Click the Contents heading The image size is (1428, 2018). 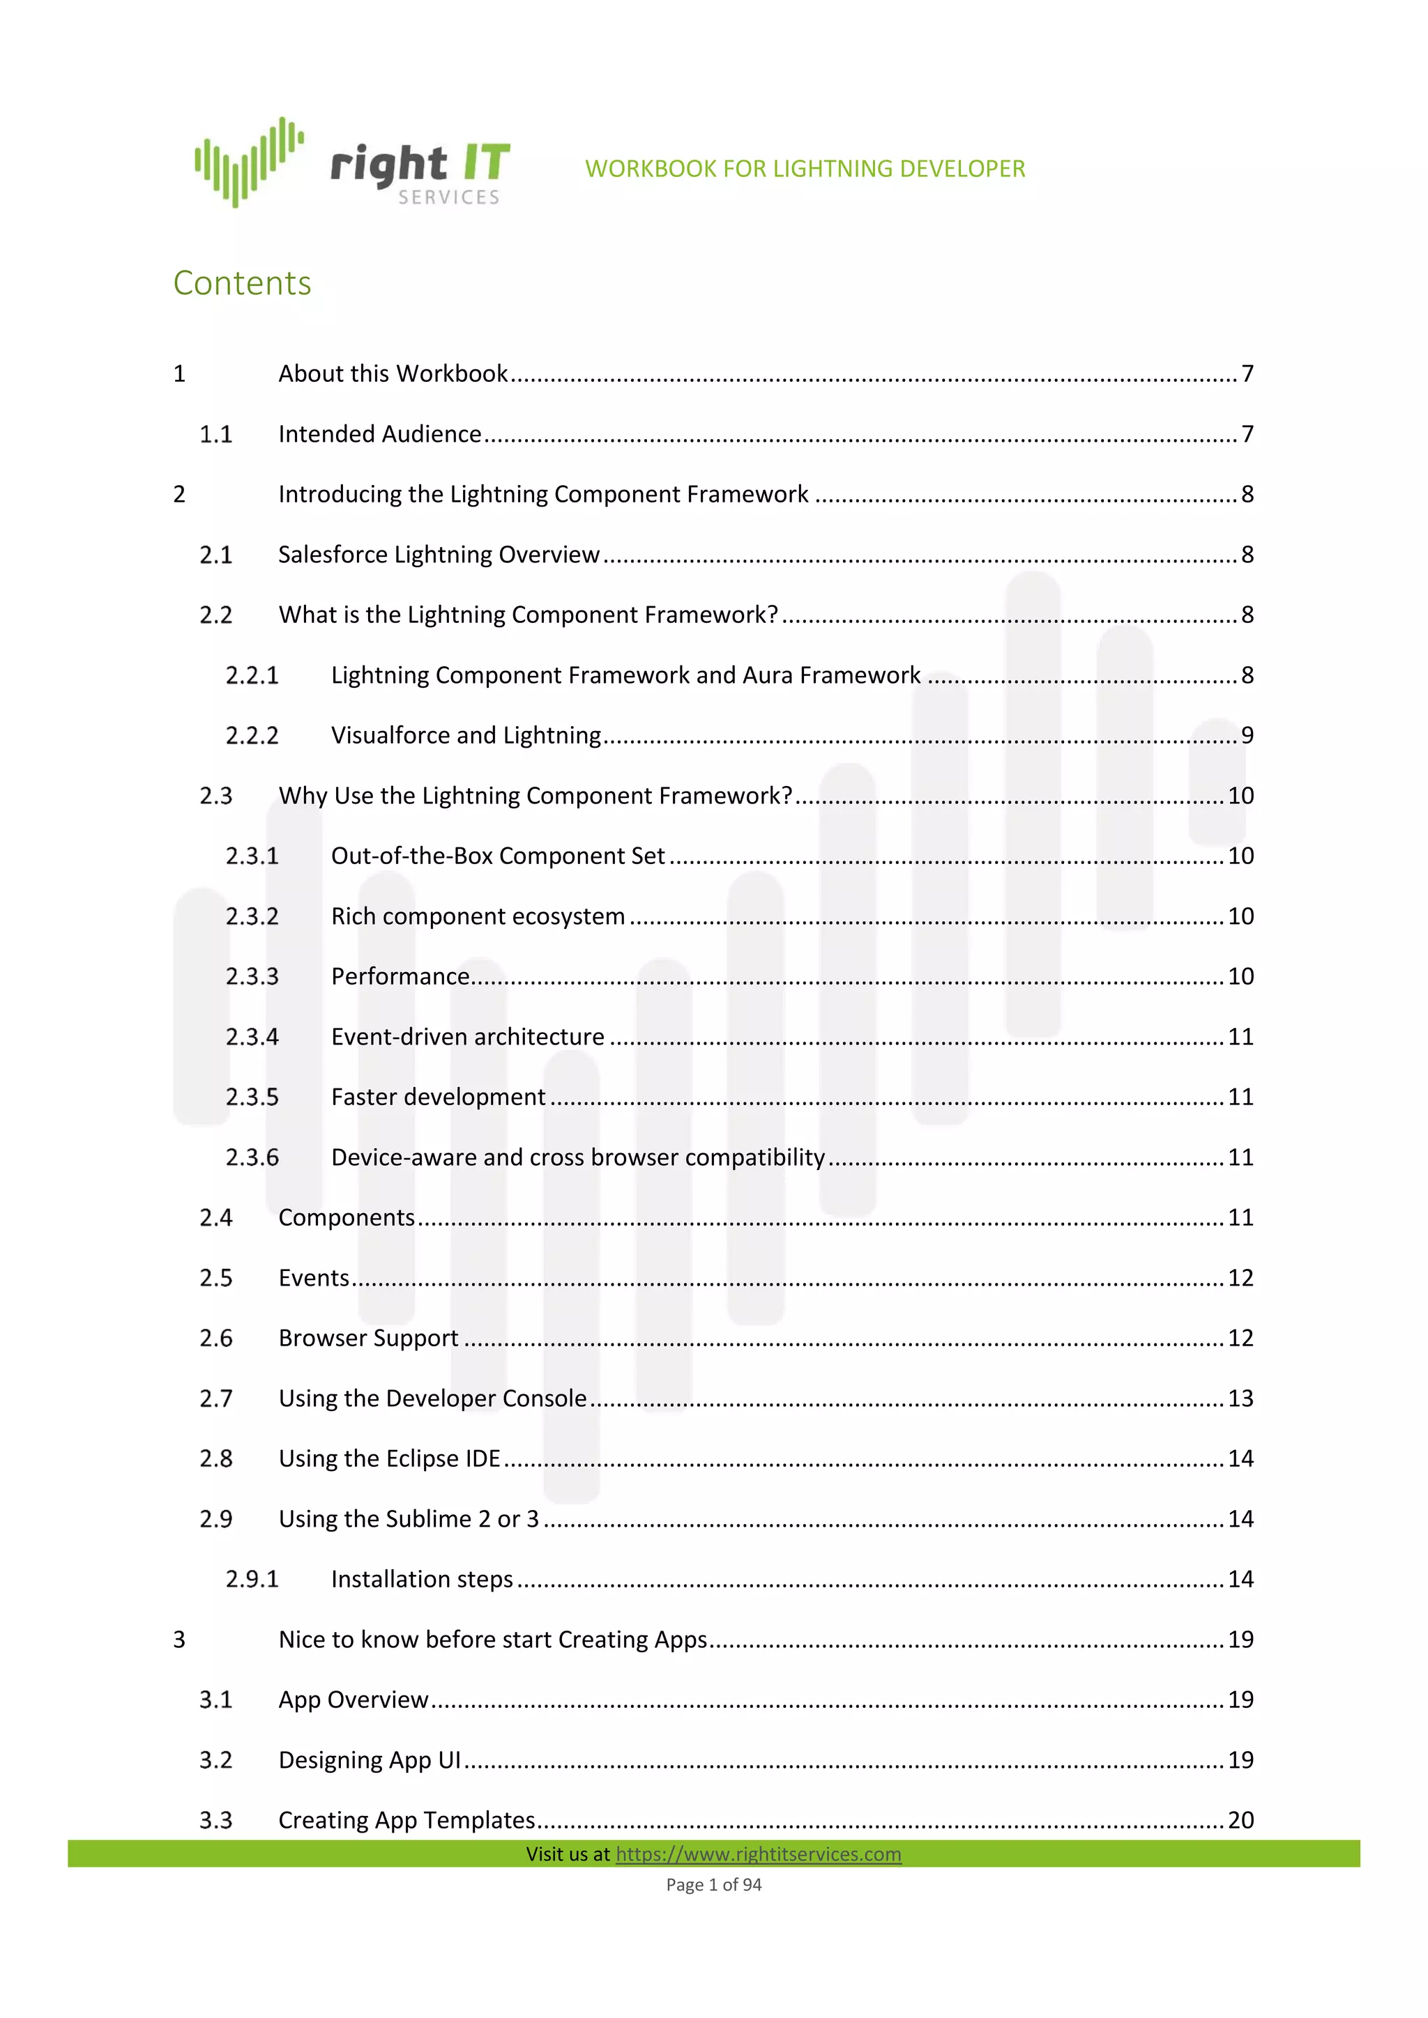click(x=242, y=283)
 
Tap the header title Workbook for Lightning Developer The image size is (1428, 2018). click(x=805, y=169)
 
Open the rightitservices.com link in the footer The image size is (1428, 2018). click(x=758, y=1854)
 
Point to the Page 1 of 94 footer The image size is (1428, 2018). click(x=713, y=1884)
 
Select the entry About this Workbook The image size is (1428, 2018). click(x=393, y=373)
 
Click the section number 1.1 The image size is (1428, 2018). click(x=215, y=434)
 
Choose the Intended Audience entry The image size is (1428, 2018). click(x=380, y=434)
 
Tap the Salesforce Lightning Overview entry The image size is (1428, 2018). click(x=439, y=555)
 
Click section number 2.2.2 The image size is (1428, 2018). click(x=252, y=736)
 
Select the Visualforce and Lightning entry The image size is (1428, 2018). click(x=466, y=736)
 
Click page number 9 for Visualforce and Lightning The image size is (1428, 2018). click(x=1247, y=736)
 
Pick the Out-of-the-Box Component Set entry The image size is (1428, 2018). click(x=498, y=856)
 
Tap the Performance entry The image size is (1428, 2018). click(x=400, y=976)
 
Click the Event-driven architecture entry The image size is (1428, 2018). click(x=468, y=1037)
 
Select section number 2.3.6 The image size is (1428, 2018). click(x=252, y=1157)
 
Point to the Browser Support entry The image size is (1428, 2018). click(x=368, y=1339)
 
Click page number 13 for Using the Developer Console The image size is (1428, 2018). click(x=1240, y=1399)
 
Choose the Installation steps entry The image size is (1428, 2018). click(x=422, y=1580)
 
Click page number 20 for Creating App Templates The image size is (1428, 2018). click(x=1240, y=1820)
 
